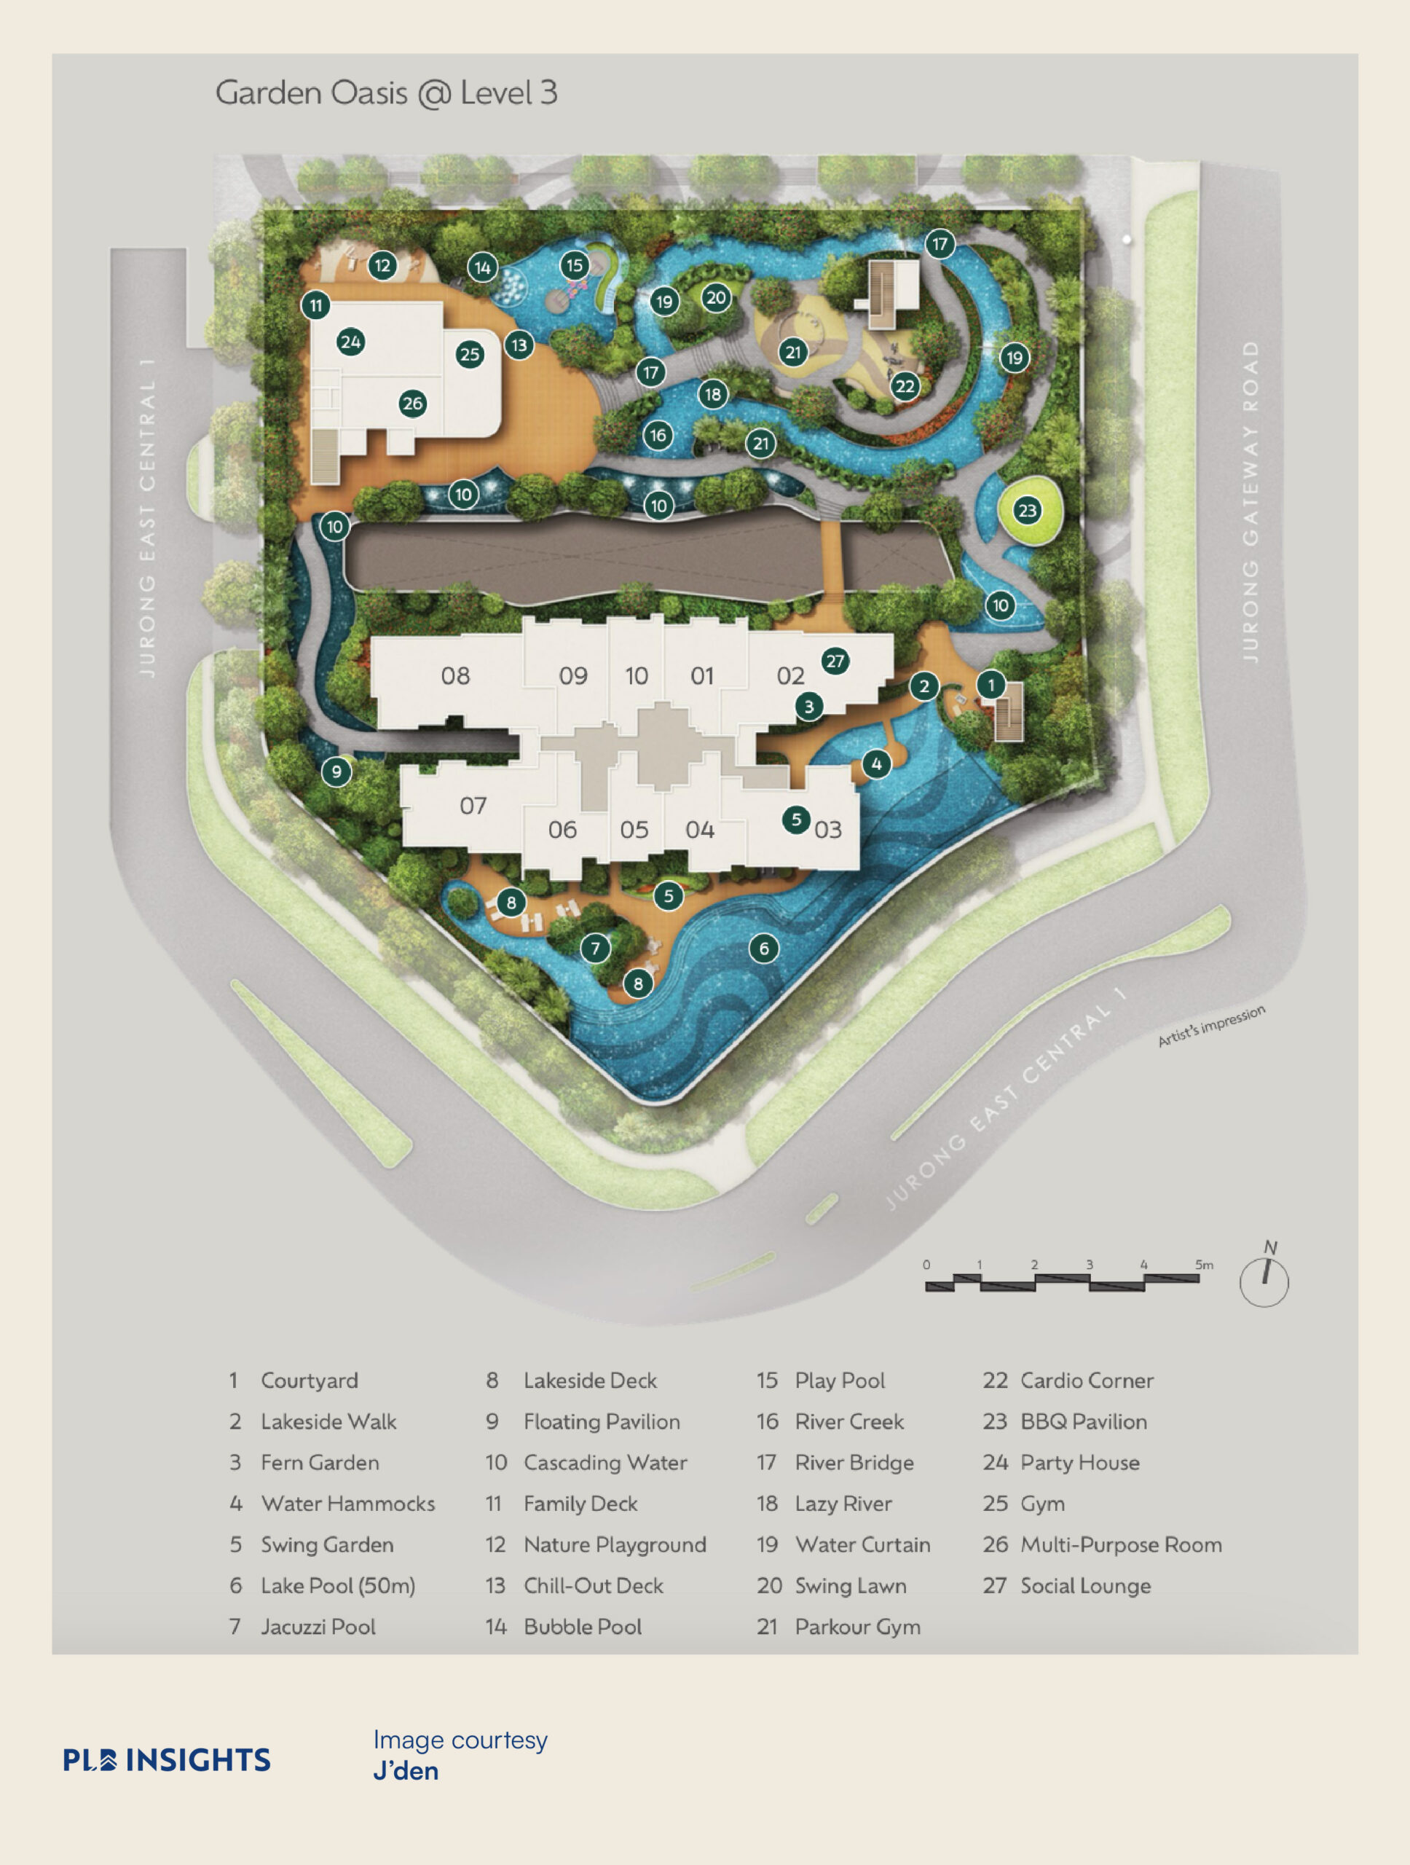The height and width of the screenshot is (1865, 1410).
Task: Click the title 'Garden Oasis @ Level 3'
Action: coord(386,93)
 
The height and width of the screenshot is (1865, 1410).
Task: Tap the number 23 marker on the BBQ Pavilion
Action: coord(1026,510)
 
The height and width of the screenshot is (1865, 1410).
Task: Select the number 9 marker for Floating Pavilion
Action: coord(336,771)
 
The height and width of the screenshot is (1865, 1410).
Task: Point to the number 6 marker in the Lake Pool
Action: coord(763,949)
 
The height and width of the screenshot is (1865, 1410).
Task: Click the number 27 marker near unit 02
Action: coord(835,661)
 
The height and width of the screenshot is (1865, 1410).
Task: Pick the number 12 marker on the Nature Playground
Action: coord(382,267)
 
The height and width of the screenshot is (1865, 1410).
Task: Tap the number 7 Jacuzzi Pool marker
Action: coord(595,949)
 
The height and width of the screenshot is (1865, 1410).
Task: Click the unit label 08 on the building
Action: coord(455,675)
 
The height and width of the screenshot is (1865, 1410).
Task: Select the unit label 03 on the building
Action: coord(827,831)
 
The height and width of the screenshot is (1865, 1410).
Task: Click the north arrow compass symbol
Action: coord(1264,1280)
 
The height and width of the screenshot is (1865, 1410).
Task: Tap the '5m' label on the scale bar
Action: coord(1203,1265)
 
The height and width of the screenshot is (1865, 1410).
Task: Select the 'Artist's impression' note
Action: coord(1211,1026)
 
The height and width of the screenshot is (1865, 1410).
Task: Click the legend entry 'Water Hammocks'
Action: coord(347,1504)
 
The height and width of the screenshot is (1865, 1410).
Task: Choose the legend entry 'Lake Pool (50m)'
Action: coord(337,1586)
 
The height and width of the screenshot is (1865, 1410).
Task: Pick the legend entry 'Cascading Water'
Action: coord(605,1462)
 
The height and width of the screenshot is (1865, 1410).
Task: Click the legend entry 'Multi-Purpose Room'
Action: coord(1121,1544)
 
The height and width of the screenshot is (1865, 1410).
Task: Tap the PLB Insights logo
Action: coord(167,1759)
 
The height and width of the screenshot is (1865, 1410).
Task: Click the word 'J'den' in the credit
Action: coord(406,1770)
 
